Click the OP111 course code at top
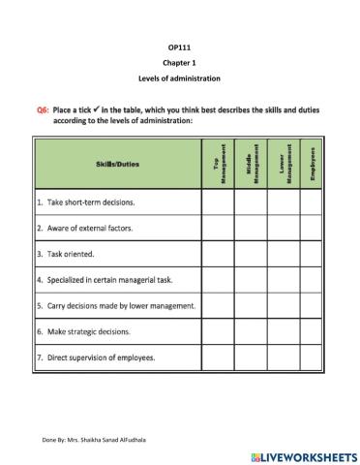pyautogui.click(x=179, y=46)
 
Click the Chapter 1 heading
pyautogui.click(x=179, y=62)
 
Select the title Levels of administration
pyautogui.click(x=179, y=78)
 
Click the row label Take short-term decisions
pyautogui.click(x=85, y=203)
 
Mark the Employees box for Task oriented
pyautogui.click(x=313, y=255)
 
